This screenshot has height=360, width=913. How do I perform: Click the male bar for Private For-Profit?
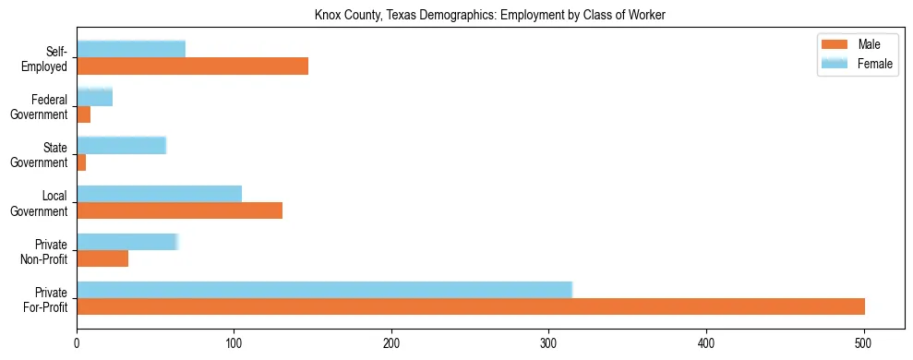pyautogui.click(x=471, y=306)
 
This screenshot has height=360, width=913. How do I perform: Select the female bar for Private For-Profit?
pyautogui.click(x=324, y=289)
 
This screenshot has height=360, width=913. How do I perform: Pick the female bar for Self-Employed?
pyautogui.click(x=131, y=49)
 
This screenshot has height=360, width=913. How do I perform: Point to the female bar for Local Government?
pyautogui.click(x=159, y=193)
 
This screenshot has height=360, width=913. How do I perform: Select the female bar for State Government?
pyautogui.click(x=121, y=145)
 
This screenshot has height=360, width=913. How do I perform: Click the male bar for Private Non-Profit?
pyautogui.click(x=102, y=258)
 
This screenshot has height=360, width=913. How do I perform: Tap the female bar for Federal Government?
pyautogui.click(x=94, y=97)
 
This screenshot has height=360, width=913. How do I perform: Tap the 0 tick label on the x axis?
pyautogui.click(x=77, y=341)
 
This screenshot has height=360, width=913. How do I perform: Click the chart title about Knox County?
pyautogui.click(x=490, y=15)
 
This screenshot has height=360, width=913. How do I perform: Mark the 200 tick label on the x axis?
pyautogui.click(x=391, y=341)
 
